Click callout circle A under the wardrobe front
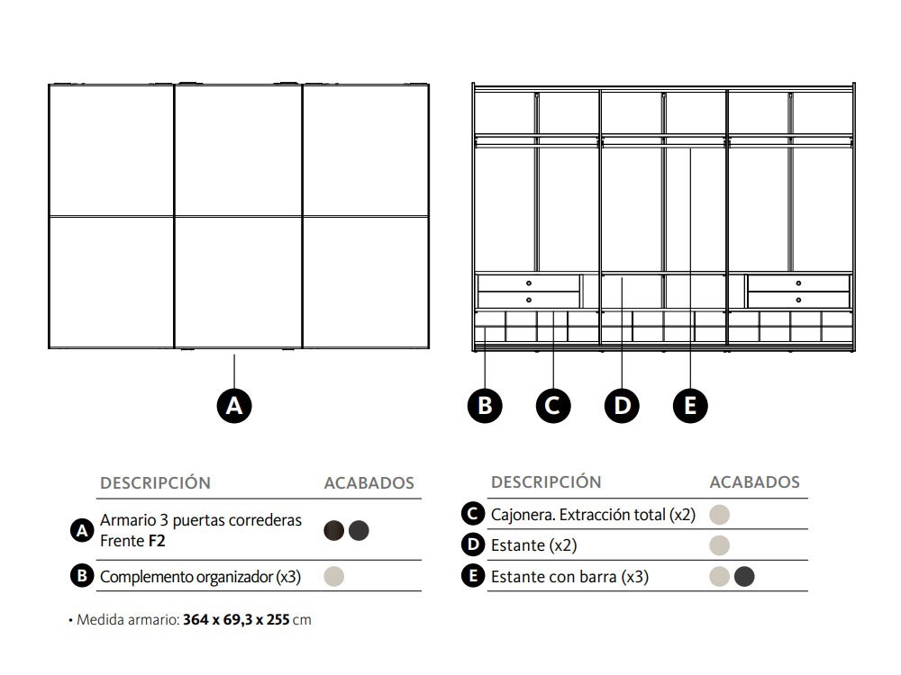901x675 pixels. click(234, 406)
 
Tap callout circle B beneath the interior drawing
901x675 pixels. click(485, 406)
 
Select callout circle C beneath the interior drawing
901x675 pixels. click(553, 406)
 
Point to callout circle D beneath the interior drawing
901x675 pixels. click(623, 406)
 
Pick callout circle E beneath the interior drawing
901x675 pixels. click(690, 406)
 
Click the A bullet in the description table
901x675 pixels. click(82, 531)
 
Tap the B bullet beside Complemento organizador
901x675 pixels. click(82, 576)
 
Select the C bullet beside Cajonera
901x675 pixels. click(472, 514)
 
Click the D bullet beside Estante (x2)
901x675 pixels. click(472, 544)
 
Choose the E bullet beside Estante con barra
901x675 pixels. click(472, 576)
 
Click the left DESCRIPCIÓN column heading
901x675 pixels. click(155, 483)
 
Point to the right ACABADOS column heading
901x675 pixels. click(754, 482)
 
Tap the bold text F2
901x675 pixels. click(157, 541)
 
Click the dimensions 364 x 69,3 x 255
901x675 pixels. click(236, 620)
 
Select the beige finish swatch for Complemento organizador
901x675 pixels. click(333, 576)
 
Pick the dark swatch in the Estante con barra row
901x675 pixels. click(744, 576)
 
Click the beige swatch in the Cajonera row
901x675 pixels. click(719, 515)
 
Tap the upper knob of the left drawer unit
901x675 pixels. click(529, 283)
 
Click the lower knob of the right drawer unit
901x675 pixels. click(798, 299)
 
